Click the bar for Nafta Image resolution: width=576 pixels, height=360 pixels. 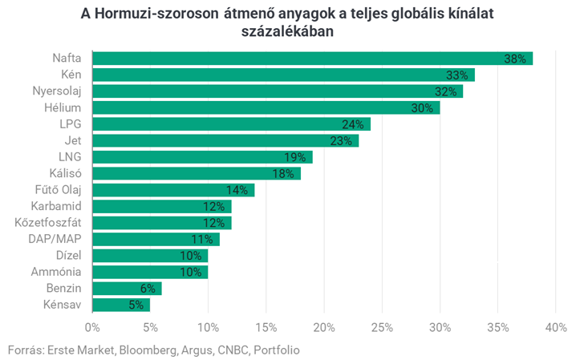coord(313,59)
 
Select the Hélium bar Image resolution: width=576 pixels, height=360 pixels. coord(266,107)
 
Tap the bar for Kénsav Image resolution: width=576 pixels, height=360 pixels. coord(121,305)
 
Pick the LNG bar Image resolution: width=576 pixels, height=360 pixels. coord(202,157)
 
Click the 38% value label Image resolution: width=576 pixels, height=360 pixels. coord(514,59)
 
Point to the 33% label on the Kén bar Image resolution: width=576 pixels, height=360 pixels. coord(457,75)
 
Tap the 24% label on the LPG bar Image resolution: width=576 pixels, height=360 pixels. coord(353,124)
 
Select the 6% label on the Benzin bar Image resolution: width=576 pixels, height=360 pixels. coord(148,289)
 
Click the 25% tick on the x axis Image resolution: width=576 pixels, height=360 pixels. coord(382,327)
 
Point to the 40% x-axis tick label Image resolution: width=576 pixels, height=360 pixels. coord(555,327)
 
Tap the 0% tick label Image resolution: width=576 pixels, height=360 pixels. coord(92,327)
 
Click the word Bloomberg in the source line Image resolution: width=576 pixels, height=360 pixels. coord(146,350)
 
